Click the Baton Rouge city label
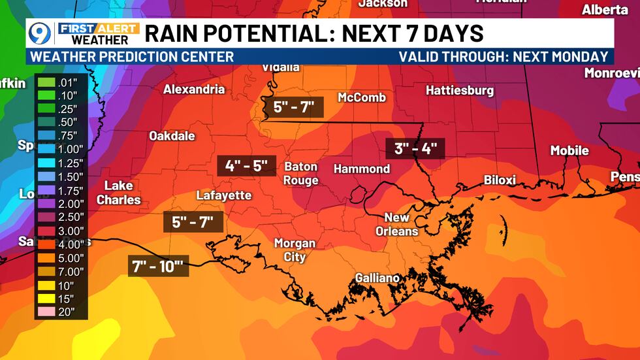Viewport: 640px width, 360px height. [301, 173]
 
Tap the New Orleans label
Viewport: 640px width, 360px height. [396, 224]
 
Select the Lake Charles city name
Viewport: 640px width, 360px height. [119, 193]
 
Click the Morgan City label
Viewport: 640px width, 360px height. [295, 250]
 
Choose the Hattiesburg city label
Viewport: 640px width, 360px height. [460, 90]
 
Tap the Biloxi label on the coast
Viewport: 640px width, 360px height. [500, 180]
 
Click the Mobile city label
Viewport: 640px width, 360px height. [569, 150]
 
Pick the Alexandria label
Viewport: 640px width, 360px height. [194, 89]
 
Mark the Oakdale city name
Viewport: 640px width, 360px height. [172, 136]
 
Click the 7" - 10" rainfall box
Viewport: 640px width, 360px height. [158, 266]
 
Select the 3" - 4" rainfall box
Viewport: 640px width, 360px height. [415, 148]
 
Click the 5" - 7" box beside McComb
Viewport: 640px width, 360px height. [294, 106]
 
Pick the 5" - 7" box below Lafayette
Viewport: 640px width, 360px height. [193, 222]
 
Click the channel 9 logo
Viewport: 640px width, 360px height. [40, 33]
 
